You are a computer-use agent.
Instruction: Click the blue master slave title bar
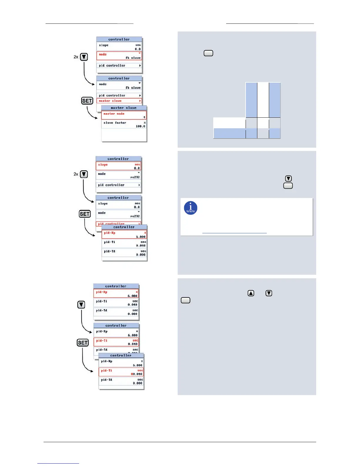tap(124, 108)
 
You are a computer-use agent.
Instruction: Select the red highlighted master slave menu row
tap(119, 101)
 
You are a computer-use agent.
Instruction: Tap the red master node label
tap(114, 114)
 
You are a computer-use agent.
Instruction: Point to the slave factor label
tap(115, 123)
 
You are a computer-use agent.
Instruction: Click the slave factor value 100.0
tap(140, 126)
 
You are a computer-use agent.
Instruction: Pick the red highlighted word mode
tap(103, 54)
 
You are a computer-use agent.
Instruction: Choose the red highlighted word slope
tap(103, 165)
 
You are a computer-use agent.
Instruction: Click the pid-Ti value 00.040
tap(136, 374)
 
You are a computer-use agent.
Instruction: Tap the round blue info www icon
tap(191, 208)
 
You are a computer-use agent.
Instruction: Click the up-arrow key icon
tap(251, 293)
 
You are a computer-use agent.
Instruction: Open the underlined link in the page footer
tap(58, 463)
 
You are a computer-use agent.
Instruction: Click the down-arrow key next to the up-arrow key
tap(269, 293)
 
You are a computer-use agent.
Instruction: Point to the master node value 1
tap(144, 117)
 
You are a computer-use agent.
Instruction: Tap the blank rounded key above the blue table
tap(208, 53)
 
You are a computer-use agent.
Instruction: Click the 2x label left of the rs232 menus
tap(76, 174)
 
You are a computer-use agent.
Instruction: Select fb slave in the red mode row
tap(133, 58)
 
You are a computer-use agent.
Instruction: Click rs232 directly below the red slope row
tap(135, 177)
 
